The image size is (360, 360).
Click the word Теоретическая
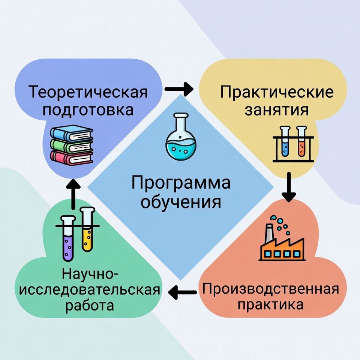point(89,92)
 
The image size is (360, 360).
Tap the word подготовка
point(89,111)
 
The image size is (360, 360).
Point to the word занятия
point(276,111)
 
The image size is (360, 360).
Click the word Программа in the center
point(180,184)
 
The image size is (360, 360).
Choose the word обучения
point(180,202)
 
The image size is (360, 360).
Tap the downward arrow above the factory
point(288,187)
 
